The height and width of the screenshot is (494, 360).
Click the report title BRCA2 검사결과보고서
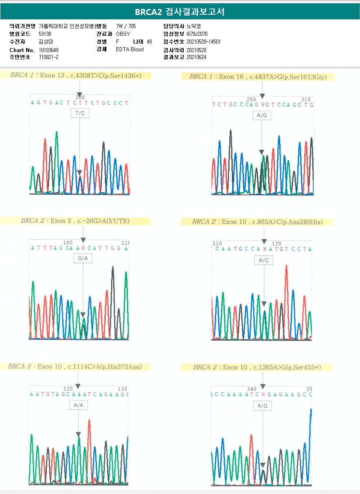[x=180, y=12]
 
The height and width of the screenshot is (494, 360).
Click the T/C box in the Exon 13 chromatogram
[x=80, y=114]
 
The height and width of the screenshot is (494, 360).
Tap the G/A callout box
[x=83, y=258]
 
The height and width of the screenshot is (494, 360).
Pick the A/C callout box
[x=263, y=260]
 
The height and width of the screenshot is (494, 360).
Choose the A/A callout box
[x=78, y=405]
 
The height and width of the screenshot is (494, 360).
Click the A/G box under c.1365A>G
[x=262, y=406]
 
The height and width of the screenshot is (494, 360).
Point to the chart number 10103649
[x=49, y=50]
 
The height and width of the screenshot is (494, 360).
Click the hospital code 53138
[x=45, y=34]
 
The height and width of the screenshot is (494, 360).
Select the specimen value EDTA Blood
[x=130, y=50]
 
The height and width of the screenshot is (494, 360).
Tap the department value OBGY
[x=123, y=34]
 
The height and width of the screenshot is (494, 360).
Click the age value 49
[x=149, y=42]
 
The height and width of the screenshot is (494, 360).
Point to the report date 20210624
[x=196, y=57]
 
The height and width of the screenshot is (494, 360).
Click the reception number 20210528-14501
[x=204, y=42]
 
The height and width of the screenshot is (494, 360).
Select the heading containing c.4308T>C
[x=76, y=75]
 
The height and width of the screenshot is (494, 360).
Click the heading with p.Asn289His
[x=257, y=222]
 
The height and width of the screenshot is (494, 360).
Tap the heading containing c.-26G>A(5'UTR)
[x=75, y=221]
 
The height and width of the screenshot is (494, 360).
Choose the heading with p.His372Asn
[x=75, y=367]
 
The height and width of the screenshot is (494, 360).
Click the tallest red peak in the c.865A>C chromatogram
[x=286, y=269]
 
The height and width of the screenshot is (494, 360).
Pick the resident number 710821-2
[x=48, y=57]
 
